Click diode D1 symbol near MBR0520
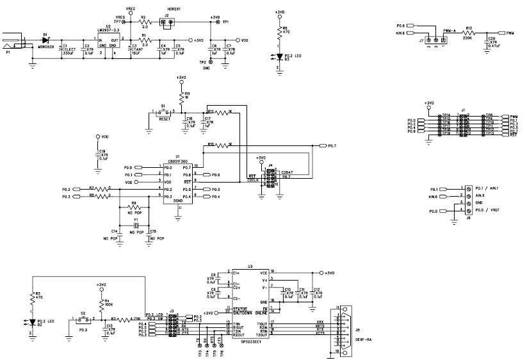[x=45, y=39]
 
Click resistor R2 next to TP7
[x=144, y=23]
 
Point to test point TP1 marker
[x=218, y=23]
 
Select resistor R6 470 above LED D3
[x=278, y=33]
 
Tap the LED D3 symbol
[x=279, y=56]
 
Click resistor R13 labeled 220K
[x=469, y=33]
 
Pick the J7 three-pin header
[x=436, y=41]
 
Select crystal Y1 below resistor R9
[x=135, y=226]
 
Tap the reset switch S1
[x=164, y=112]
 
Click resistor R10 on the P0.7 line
[x=218, y=145]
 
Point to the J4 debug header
[x=271, y=179]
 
